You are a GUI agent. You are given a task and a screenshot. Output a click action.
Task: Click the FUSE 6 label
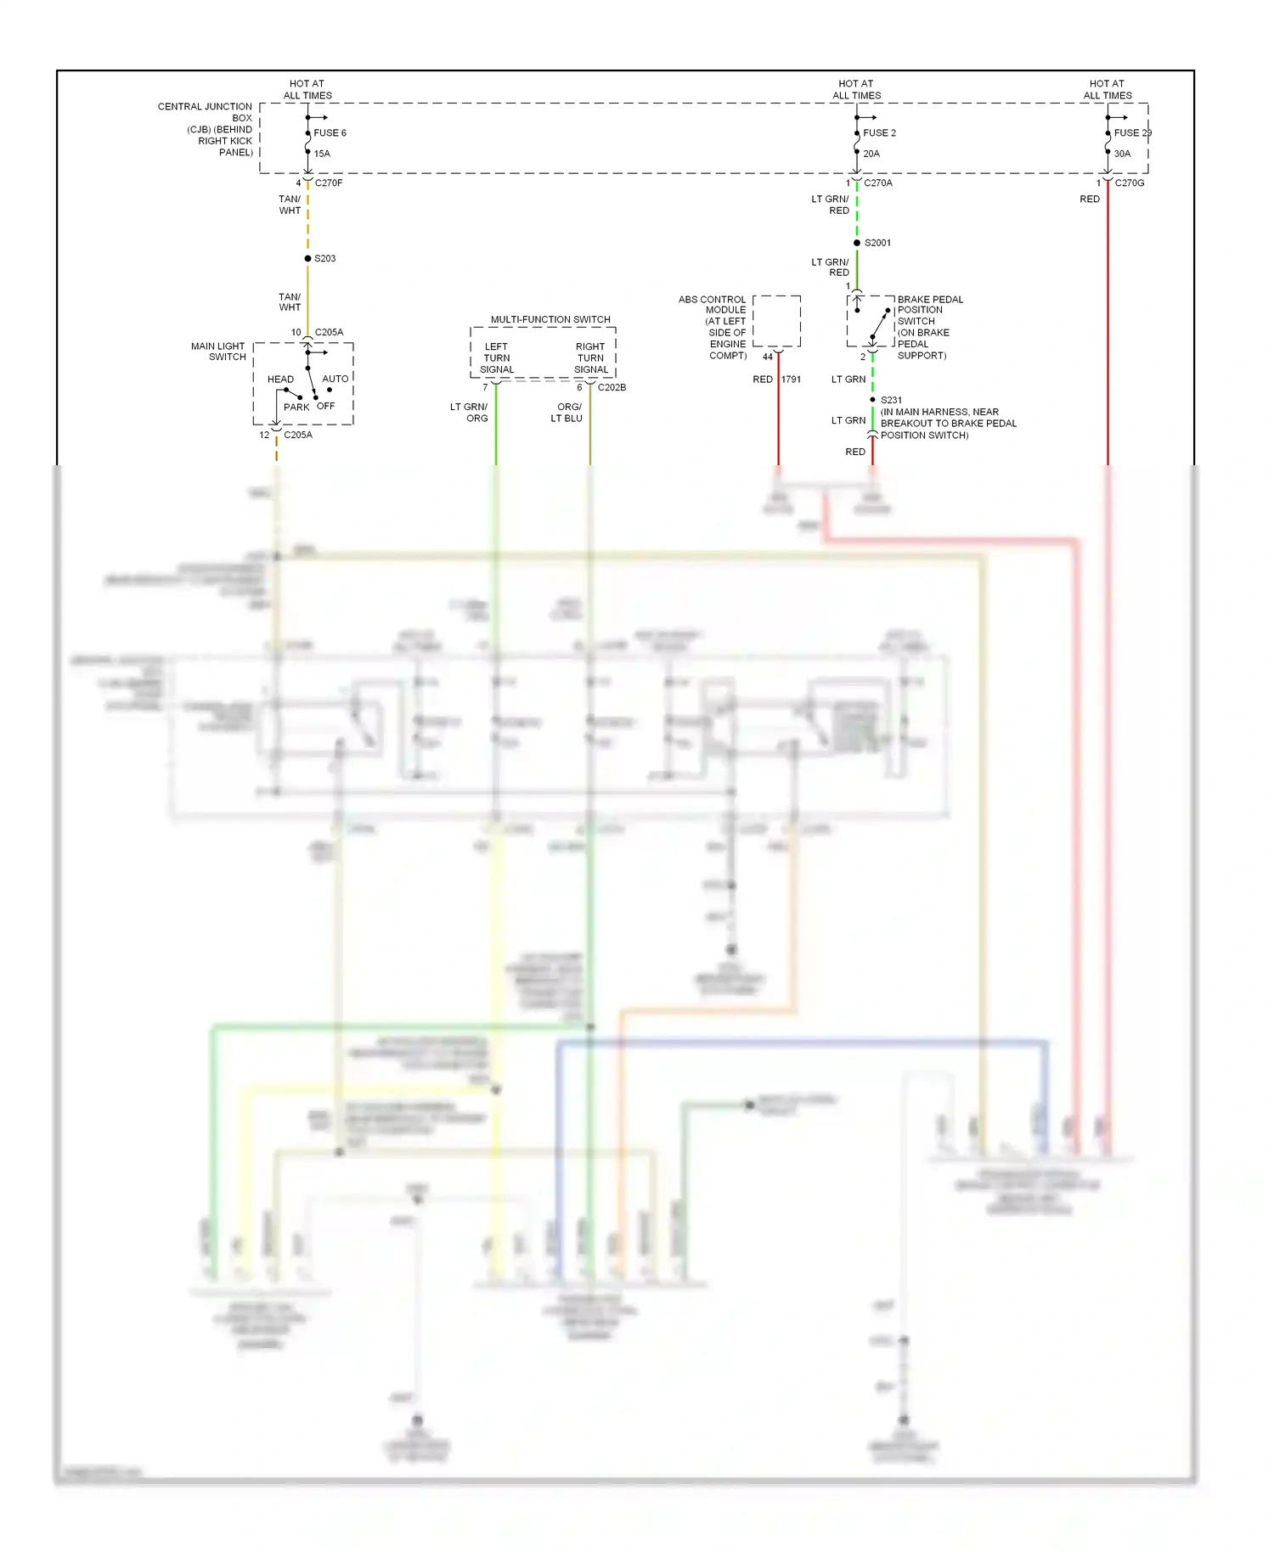(330, 133)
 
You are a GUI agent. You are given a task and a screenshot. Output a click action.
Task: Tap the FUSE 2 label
(879, 133)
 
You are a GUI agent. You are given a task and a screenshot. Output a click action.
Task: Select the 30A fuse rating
(1122, 154)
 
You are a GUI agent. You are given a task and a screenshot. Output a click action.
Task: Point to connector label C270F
(329, 183)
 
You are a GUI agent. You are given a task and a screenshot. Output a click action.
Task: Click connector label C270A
(878, 183)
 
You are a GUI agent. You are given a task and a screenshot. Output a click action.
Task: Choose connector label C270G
(1130, 183)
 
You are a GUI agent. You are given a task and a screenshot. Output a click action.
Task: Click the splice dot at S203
(307, 258)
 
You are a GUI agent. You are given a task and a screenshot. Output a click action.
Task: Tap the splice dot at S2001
(857, 243)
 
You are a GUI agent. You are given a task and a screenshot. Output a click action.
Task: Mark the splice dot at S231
(872, 400)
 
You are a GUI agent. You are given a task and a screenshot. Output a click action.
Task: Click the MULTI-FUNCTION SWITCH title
(550, 320)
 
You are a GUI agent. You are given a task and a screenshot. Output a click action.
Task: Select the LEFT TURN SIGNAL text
(497, 358)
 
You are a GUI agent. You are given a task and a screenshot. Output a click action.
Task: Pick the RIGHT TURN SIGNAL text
(590, 358)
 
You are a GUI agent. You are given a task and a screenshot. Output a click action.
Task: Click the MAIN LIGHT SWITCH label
(218, 351)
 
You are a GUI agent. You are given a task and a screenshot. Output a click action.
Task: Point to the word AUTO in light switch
(335, 379)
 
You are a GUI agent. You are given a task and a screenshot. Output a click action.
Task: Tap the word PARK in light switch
(296, 408)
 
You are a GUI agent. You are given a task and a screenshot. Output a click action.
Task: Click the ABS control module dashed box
(776, 321)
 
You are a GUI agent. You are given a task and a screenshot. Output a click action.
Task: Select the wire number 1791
(791, 380)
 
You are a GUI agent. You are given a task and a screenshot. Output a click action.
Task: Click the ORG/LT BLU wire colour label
(567, 413)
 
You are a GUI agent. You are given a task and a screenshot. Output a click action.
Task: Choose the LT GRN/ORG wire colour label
(469, 413)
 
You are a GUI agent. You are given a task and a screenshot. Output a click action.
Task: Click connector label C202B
(612, 388)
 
